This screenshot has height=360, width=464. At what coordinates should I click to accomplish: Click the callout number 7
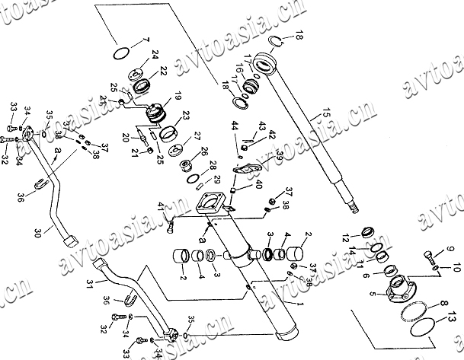click(x=147, y=39)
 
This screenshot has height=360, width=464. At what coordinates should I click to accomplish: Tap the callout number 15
click(x=328, y=113)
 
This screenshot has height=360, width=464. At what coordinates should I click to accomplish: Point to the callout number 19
click(x=178, y=97)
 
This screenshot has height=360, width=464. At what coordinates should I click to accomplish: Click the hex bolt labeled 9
click(x=432, y=254)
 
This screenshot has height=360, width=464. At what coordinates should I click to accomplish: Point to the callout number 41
click(x=161, y=206)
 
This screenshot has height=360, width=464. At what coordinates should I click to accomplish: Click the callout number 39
click(x=279, y=154)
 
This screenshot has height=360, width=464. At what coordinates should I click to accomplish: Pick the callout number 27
click(x=197, y=136)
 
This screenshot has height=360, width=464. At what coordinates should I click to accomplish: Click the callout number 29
click(x=216, y=179)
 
